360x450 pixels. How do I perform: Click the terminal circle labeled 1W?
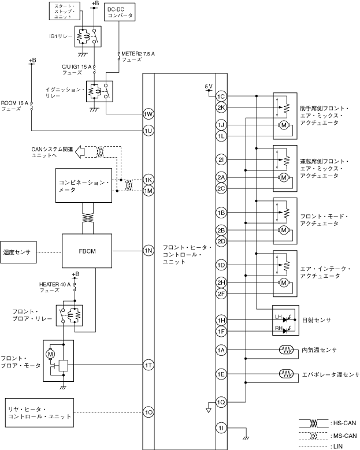tap(148, 114)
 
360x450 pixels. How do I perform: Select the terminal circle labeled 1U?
tap(148, 131)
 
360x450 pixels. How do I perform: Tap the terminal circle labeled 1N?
tap(148, 251)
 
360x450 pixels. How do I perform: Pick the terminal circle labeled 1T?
tap(148, 365)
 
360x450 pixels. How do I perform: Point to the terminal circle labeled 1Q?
tap(221, 402)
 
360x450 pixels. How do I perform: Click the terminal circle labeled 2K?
tap(221, 107)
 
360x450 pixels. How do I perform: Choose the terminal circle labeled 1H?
tap(221, 320)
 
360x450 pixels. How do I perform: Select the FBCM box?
tap(87, 251)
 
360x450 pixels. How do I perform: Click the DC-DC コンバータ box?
tap(120, 12)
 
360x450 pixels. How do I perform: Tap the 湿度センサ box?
tap(18, 252)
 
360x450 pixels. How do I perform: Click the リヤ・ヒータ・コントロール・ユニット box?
tap(39, 412)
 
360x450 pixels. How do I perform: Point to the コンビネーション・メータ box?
tap(84, 185)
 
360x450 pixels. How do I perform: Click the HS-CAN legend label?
tap(344, 423)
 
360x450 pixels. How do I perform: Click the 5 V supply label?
tap(209, 87)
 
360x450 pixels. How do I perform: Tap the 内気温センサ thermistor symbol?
tap(286, 350)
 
